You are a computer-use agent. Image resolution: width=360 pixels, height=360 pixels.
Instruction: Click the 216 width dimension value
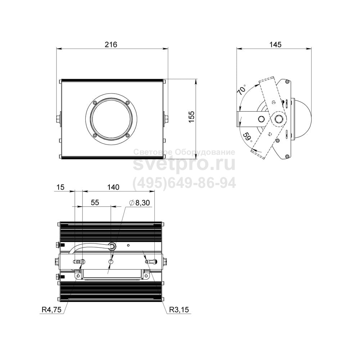[111, 44]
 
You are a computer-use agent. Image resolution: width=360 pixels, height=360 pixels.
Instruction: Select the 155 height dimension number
[191, 117]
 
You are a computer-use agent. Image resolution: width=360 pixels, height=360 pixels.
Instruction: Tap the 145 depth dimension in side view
[275, 44]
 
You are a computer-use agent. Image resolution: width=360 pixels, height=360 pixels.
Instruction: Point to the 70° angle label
[242, 90]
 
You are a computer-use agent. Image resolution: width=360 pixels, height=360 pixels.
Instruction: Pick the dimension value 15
[60, 187]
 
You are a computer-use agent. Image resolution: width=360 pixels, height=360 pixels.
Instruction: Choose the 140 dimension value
[113, 187]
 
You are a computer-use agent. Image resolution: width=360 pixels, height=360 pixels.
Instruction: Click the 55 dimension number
[95, 202]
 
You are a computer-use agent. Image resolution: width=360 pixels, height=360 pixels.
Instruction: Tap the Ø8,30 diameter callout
[139, 202]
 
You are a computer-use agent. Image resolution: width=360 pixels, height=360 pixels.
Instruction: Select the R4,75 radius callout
[51, 310]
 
